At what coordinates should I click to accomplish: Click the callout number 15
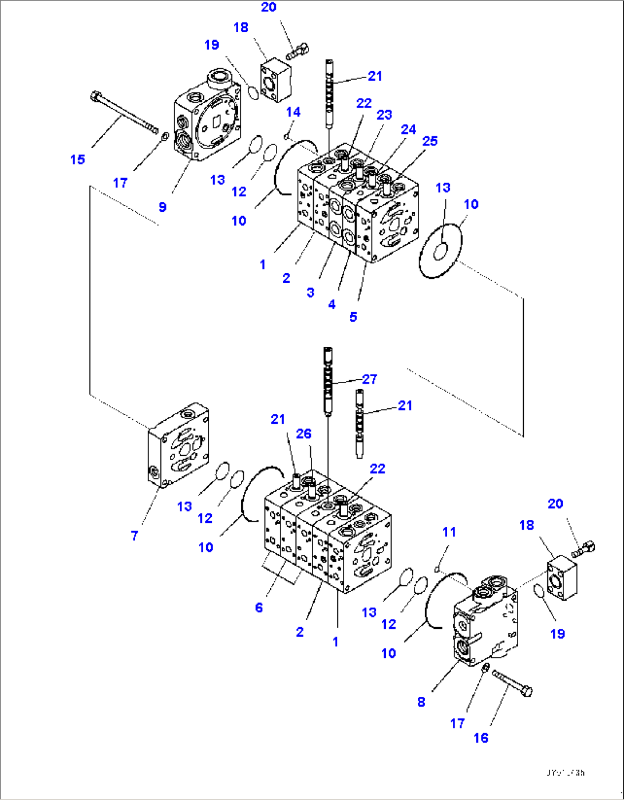coord(78,160)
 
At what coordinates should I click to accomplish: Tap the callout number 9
coord(163,207)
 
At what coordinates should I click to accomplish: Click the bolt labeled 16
coord(512,683)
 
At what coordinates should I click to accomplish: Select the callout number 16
coord(481,738)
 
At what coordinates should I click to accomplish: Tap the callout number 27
coord(370,379)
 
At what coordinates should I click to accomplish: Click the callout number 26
coord(304,434)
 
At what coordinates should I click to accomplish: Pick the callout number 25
coord(430,141)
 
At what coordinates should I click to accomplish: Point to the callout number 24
coord(408,129)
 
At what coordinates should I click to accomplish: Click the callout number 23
coord(384,115)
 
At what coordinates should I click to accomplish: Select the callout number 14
coord(293,112)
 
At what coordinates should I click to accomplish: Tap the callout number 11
coord(449,532)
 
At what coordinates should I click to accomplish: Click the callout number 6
coord(259,608)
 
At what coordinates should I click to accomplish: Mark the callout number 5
coord(353,317)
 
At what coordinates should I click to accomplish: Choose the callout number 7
coord(135,535)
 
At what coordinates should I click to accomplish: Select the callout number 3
coord(310,293)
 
